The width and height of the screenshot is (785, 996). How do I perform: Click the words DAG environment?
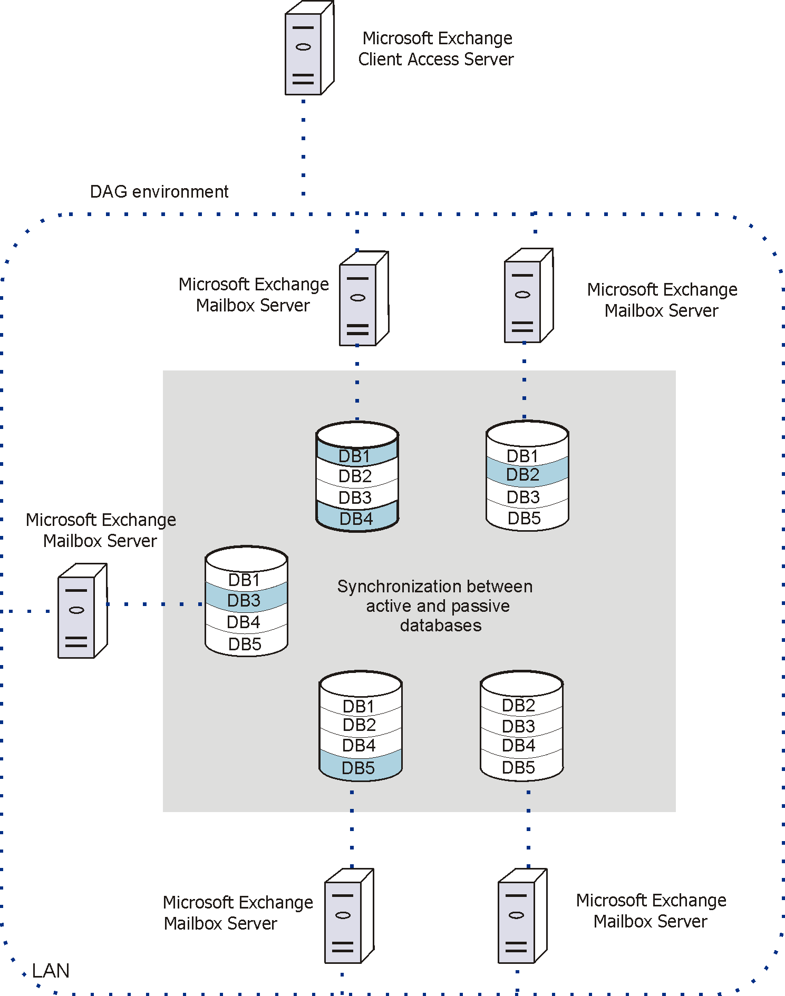pos(159,191)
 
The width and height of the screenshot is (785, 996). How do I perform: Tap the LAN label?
pos(51,970)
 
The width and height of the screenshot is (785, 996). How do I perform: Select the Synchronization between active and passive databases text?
pos(435,606)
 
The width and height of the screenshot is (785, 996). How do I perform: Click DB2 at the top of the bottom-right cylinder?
pos(519,705)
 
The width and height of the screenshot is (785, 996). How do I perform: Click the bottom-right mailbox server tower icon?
pos(521,916)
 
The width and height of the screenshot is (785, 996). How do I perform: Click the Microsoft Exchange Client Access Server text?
pos(437,48)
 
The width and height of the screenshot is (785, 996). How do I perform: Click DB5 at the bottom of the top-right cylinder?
pos(524,518)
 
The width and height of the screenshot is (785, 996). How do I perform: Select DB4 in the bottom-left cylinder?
pos(359,745)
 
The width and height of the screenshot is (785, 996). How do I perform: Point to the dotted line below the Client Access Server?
pos(303,148)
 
